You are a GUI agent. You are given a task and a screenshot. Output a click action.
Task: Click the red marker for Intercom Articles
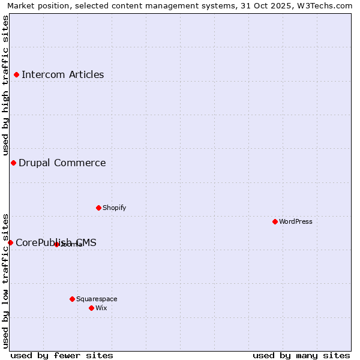[17, 75]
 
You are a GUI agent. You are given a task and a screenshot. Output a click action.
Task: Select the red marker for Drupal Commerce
[13, 163]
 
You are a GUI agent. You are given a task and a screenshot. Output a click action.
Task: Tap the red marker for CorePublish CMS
[10, 242]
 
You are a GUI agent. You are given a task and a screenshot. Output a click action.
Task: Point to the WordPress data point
[275, 221]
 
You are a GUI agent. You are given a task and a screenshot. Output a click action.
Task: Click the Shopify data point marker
[98, 208]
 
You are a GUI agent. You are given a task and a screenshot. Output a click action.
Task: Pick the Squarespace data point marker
[72, 299]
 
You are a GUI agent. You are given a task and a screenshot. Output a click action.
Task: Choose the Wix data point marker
[91, 308]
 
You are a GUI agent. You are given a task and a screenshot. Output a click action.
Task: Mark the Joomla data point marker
[56, 244]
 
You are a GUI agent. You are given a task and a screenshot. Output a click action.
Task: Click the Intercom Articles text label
[62, 75]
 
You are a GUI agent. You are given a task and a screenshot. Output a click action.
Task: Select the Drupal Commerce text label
[62, 163]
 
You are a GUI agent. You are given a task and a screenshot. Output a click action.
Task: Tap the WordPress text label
[295, 221]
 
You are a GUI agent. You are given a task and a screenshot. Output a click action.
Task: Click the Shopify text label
[114, 208]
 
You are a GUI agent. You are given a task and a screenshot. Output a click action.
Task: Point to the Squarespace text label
[97, 299]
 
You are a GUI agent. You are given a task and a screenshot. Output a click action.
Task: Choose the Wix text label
[101, 308]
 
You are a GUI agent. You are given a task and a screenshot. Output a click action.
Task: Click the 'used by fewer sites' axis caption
[62, 355]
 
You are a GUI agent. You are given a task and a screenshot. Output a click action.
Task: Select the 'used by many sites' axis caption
[301, 355]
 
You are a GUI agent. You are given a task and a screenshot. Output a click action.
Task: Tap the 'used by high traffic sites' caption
[5, 86]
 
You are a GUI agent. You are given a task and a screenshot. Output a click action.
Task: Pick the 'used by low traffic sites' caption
[5, 281]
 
